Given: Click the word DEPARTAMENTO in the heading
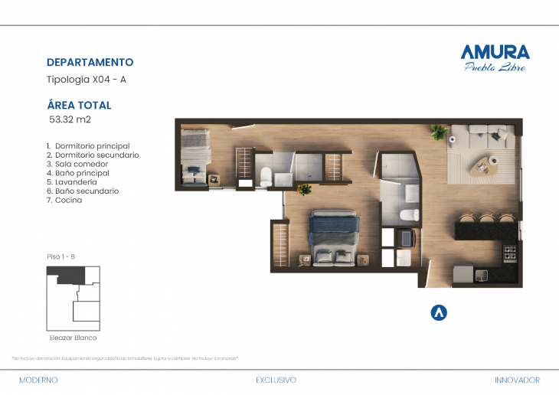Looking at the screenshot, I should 90,63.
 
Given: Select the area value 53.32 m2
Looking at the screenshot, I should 70,119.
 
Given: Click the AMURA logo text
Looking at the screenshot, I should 494,52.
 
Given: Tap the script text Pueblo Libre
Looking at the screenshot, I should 495,67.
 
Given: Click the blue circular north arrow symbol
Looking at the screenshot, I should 440,312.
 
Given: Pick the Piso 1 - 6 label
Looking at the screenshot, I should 61,256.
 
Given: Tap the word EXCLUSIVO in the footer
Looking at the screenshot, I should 276,380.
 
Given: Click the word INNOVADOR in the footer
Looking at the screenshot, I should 517,380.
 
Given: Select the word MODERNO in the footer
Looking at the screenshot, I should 38,380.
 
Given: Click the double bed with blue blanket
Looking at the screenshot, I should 334,233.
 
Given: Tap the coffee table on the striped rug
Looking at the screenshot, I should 486,164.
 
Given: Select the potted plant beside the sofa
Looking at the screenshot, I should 439,132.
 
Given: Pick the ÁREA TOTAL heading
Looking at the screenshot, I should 79,106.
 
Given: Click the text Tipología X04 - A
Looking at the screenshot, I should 87,79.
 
